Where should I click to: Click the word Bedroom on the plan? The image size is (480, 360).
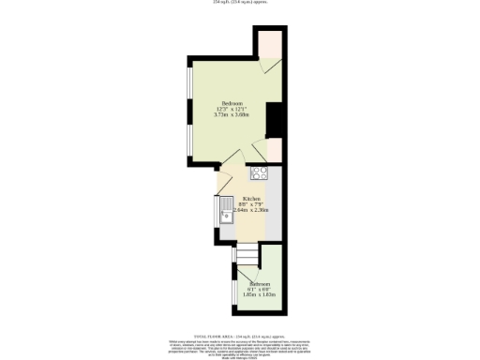[x=232, y=102]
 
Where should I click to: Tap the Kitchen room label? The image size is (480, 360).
[x=250, y=199]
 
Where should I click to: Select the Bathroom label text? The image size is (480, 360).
[x=260, y=283]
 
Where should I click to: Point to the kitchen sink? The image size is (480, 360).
[x=226, y=218]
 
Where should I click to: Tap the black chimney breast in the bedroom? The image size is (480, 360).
[x=276, y=120]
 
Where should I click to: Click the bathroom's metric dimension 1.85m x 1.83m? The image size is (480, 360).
[x=260, y=295]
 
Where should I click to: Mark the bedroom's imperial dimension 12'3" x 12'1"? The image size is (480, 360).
[x=232, y=109]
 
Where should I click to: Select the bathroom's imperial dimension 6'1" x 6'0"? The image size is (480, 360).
[x=260, y=289]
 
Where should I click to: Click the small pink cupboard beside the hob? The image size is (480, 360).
[x=275, y=150]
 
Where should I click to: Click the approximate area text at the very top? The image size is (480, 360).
[x=240, y=3]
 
